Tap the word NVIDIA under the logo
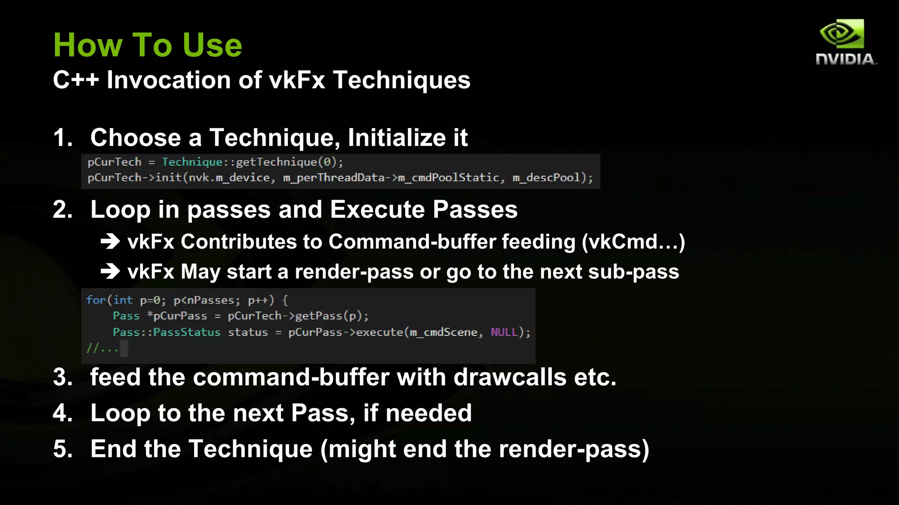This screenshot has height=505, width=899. (845, 59)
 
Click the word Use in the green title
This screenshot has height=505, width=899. (212, 45)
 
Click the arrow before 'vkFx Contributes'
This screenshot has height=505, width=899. (110, 242)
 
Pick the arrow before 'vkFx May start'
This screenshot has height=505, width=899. (110, 272)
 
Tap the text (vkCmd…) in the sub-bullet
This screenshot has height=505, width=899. (633, 242)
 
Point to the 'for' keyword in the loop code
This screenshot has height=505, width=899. (96, 300)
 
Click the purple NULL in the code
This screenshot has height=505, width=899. (504, 332)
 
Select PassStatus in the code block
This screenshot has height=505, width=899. (187, 332)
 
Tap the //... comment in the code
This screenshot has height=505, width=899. (102, 349)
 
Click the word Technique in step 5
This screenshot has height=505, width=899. (250, 449)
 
